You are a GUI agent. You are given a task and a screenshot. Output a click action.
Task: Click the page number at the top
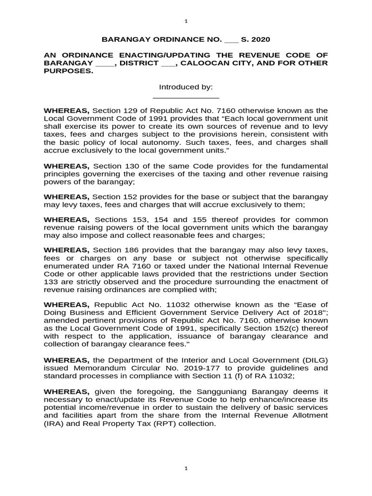(x=186, y=21)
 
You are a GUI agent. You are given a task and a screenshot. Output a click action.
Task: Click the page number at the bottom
(x=186, y=469)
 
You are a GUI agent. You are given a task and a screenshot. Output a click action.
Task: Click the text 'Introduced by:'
(x=186, y=87)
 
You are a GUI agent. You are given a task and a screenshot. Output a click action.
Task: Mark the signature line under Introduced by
(x=186, y=98)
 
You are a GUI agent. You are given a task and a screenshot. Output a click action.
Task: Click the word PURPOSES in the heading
(x=68, y=71)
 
